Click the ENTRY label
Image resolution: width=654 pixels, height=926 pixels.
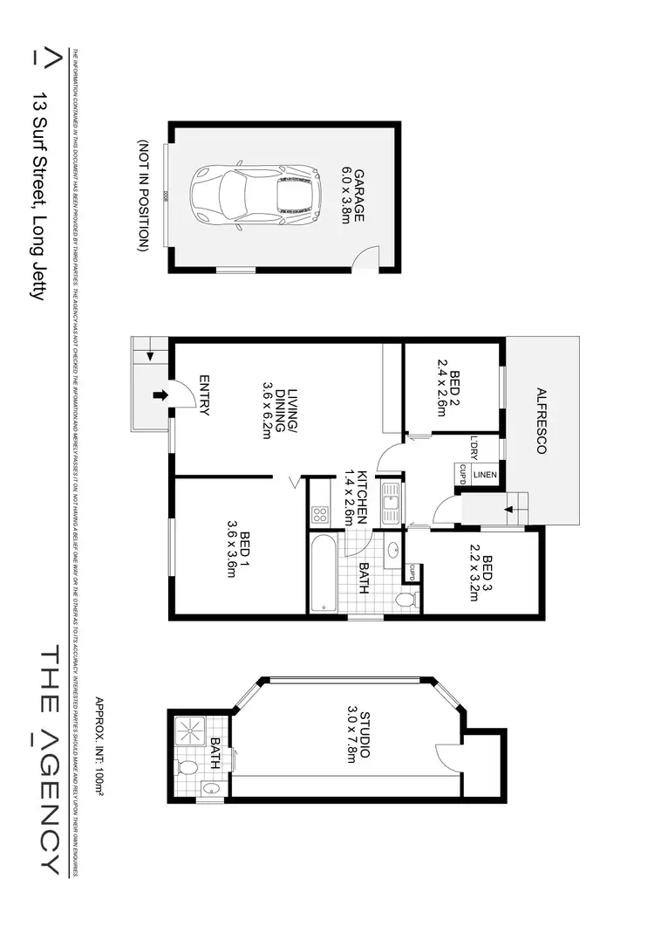click(204, 395)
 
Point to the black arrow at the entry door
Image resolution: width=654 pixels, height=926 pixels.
click(160, 395)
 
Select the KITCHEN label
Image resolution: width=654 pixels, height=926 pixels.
click(355, 497)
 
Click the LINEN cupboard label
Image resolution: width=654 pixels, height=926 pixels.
click(484, 475)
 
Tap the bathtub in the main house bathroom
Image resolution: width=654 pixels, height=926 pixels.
click(320, 572)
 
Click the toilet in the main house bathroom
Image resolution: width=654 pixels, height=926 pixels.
click(406, 600)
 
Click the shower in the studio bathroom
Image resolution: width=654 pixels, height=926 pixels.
click(190, 731)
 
